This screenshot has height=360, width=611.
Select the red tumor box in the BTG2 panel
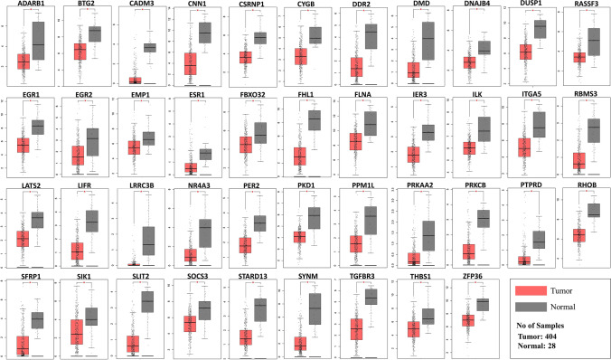click(80, 52)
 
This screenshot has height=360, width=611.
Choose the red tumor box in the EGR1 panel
click(23, 145)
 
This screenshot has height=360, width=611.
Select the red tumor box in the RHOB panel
click(578, 235)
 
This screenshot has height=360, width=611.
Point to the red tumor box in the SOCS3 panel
click(189, 324)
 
